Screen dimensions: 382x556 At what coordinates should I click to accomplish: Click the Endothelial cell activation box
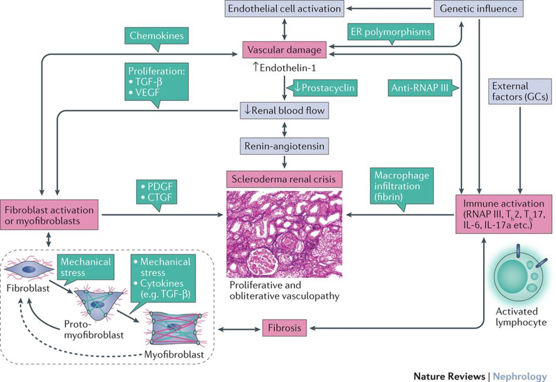tap(285, 9)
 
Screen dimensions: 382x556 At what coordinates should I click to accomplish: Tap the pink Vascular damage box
tap(285, 51)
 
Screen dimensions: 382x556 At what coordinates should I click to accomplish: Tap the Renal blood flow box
tap(284, 111)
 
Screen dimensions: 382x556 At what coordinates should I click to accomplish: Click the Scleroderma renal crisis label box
tap(284, 177)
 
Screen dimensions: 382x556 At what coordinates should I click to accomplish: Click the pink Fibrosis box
tap(285, 327)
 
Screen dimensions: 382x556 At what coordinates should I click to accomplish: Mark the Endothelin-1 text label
tap(284, 69)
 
